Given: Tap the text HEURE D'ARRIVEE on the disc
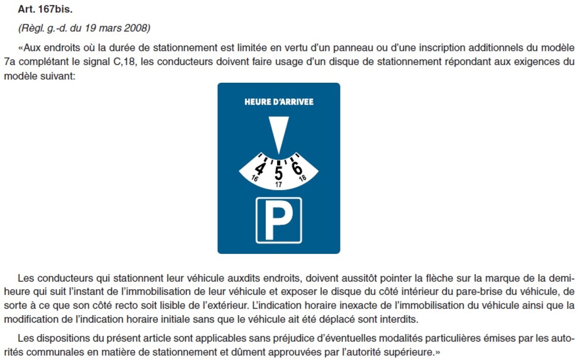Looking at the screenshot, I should pyautogui.click(x=279, y=102).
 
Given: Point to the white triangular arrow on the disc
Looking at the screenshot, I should pyautogui.click(x=278, y=133).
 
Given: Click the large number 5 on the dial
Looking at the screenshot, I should pyautogui.click(x=279, y=173).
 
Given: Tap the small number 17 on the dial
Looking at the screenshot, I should pyautogui.click(x=279, y=184).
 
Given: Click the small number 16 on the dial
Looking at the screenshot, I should pyautogui.click(x=255, y=179).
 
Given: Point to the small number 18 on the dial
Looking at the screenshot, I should pyautogui.click(x=302, y=179).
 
